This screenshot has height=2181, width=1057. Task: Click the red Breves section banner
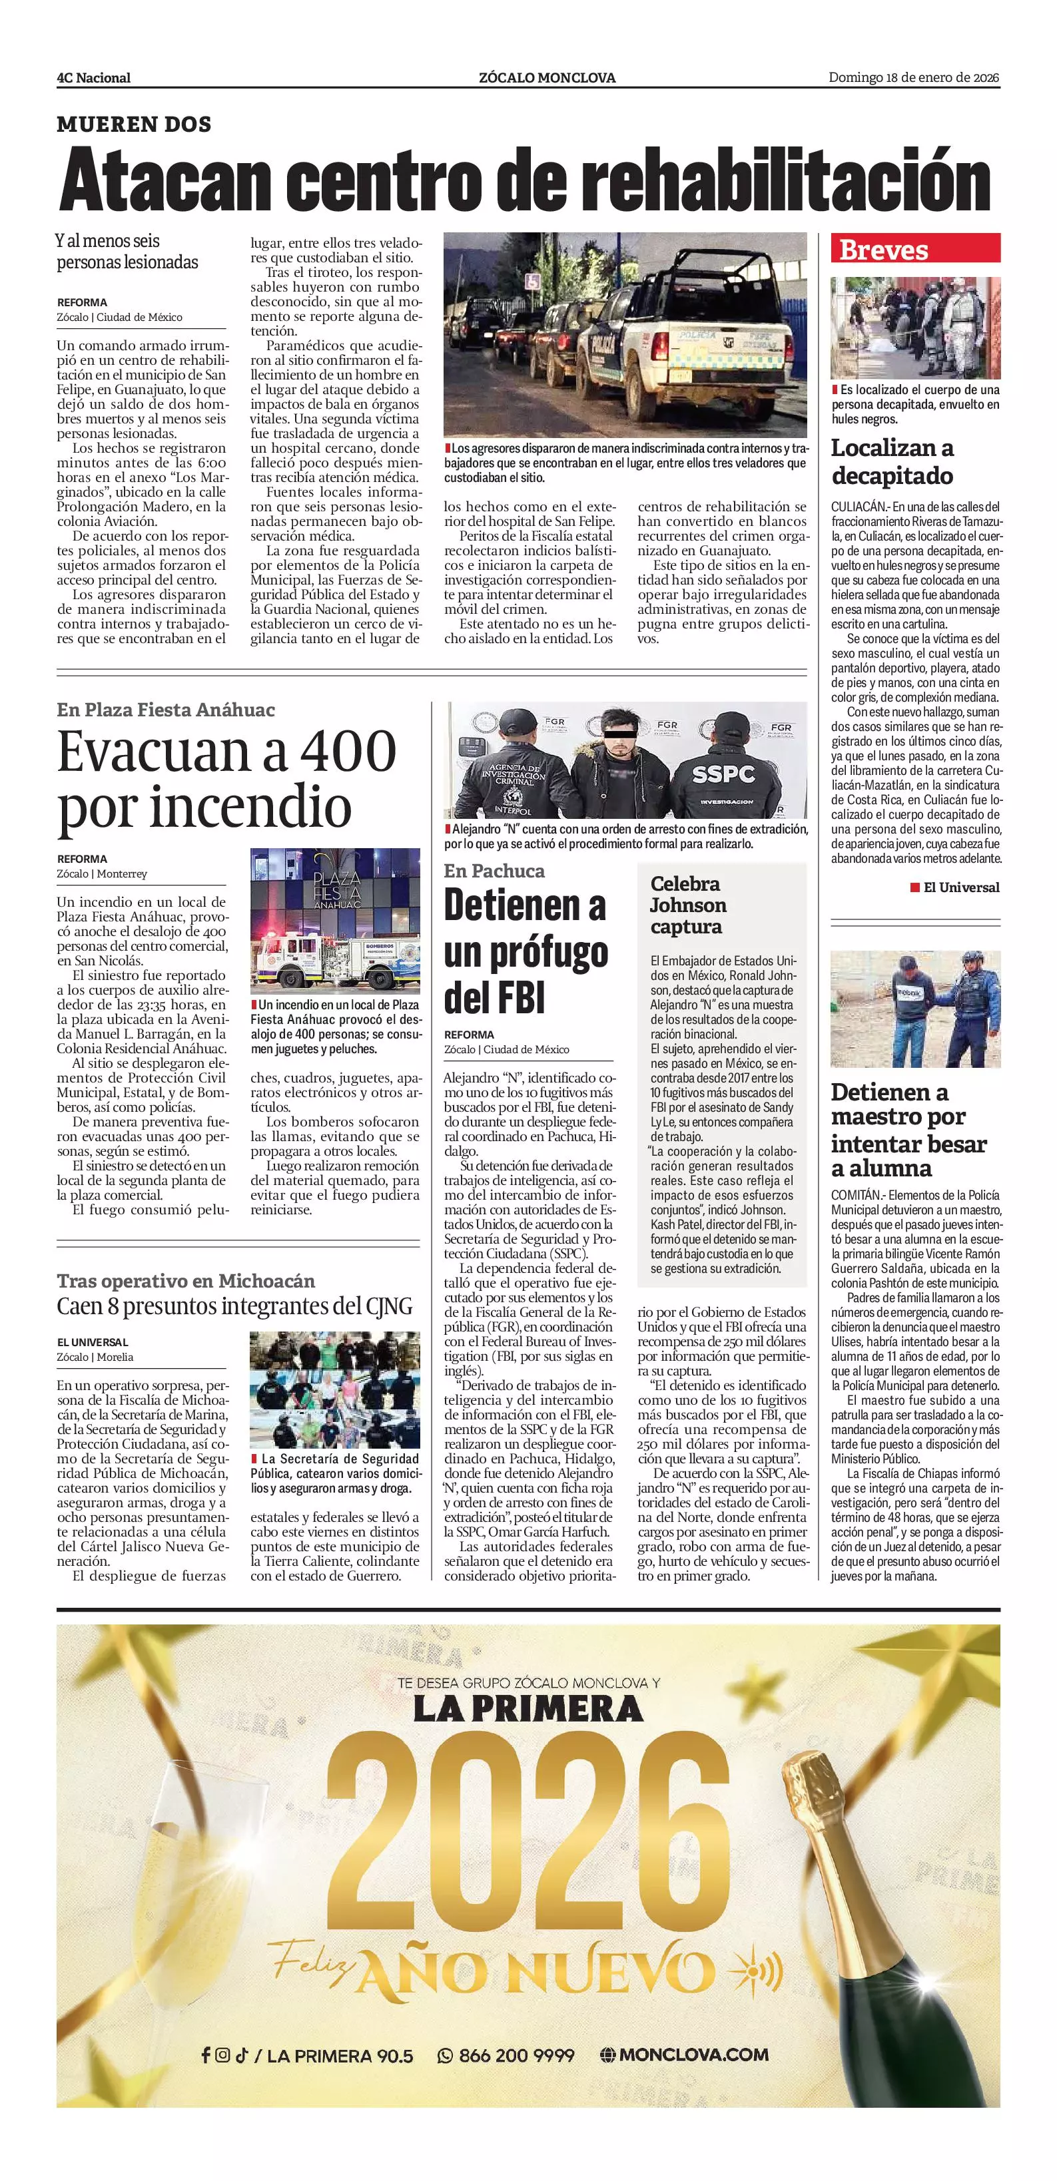tap(914, 249)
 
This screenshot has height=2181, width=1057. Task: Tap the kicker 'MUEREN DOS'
tap(134, 124)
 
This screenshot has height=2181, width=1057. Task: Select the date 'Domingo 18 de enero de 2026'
tap(914, 77)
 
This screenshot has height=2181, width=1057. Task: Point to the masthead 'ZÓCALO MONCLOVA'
tap(547, 78)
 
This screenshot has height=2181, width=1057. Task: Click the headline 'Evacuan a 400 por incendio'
tap(226, 778)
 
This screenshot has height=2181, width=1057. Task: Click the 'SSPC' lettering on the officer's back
tap(723, 774)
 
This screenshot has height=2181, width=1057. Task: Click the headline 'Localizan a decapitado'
tap(892, 461)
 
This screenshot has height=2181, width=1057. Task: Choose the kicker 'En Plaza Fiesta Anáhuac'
tap(166, 710)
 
